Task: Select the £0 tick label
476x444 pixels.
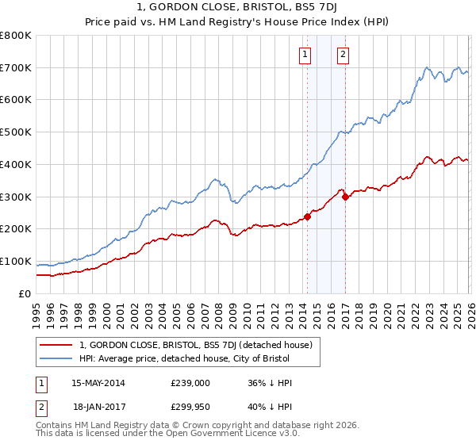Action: (x=25, y=293)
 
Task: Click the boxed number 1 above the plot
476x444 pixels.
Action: (x=305, y=55)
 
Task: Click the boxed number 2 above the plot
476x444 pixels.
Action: (x=343, y=55)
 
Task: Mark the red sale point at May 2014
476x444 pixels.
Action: (x=307, y=216)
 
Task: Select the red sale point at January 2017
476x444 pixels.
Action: (x=345, y=197)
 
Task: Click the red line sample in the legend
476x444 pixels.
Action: (x=56, y=345)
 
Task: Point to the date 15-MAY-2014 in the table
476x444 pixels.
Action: (x=98, y=383)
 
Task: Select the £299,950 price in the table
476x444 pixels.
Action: (x=190, y=405)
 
